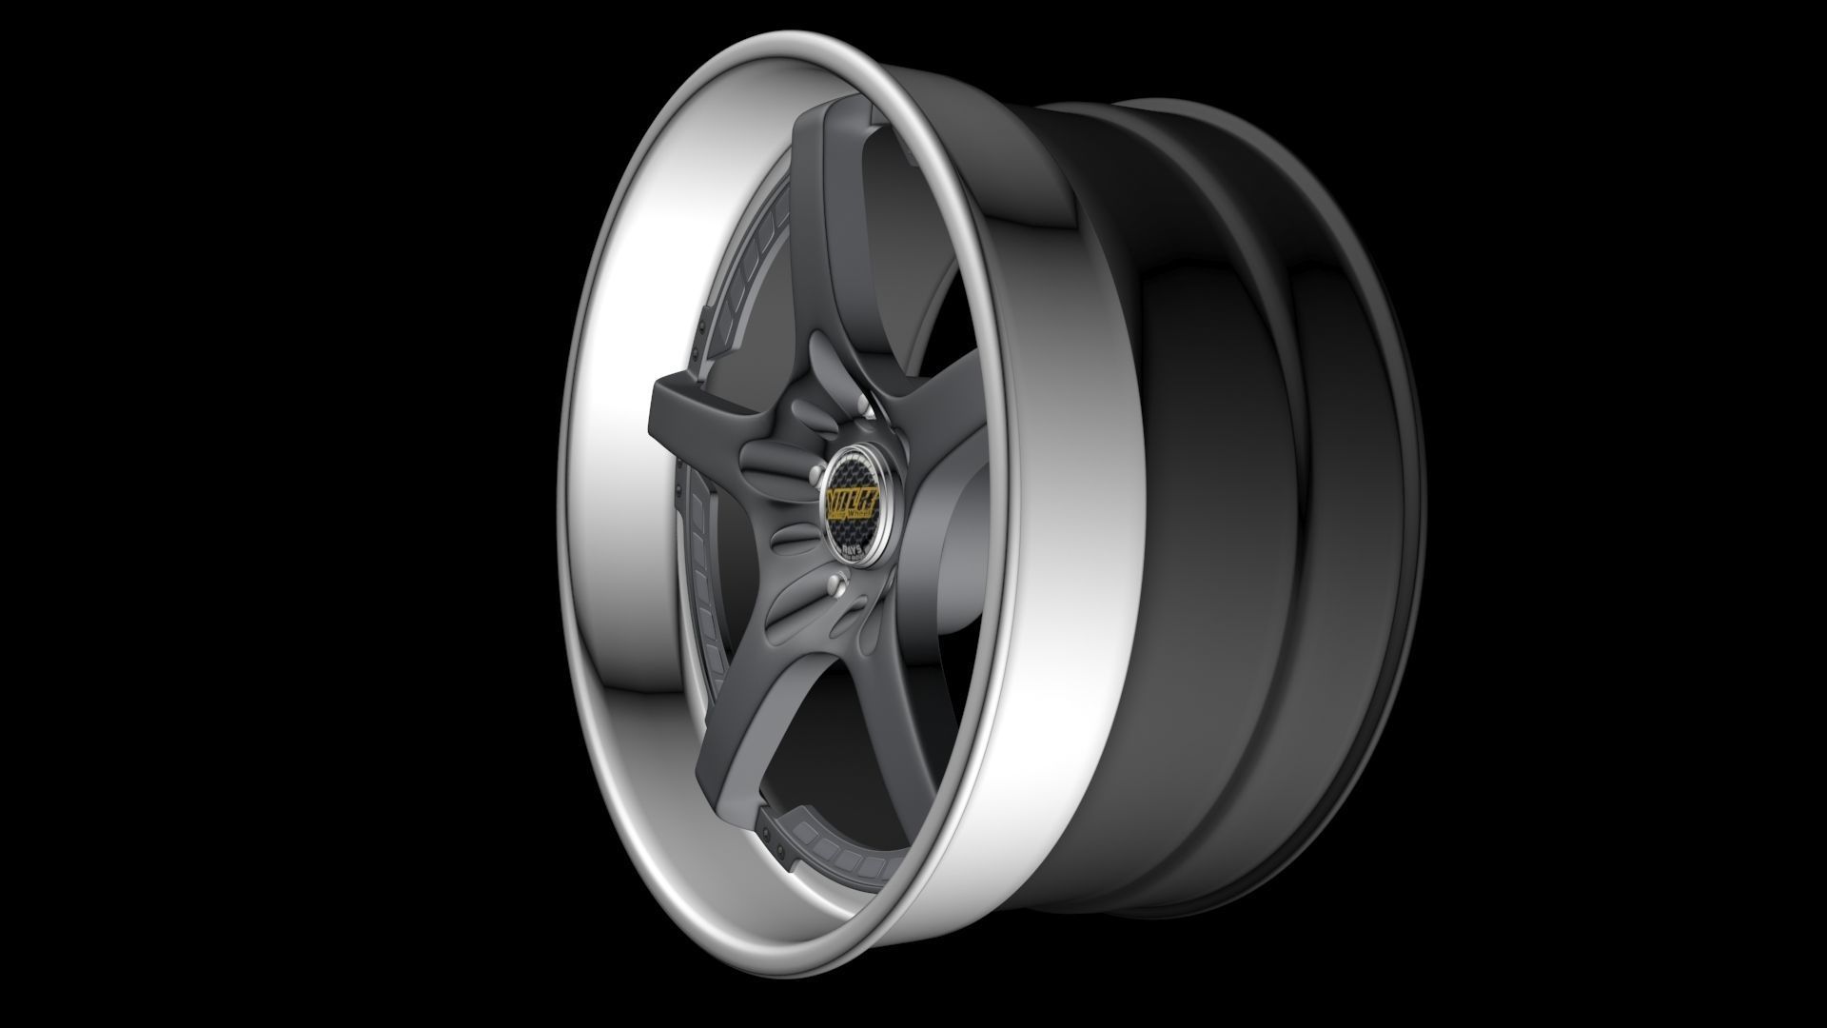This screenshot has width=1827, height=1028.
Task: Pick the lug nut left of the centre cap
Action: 815,473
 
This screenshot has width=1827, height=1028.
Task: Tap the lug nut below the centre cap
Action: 836,583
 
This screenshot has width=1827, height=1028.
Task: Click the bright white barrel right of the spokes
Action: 1056,571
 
